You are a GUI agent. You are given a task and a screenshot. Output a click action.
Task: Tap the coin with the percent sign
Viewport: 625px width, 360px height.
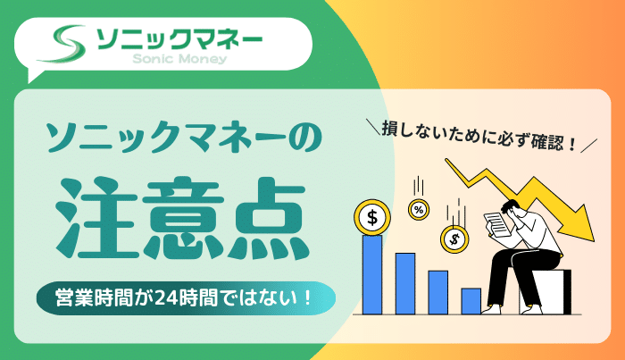pyautogui.click(x=417, y=209)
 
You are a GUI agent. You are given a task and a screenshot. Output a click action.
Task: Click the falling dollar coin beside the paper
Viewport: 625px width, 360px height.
pyautogui.click(x=454, y=238)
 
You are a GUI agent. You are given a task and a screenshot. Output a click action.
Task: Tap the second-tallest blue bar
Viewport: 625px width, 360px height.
pyautogui.click(x=405, y=282)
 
